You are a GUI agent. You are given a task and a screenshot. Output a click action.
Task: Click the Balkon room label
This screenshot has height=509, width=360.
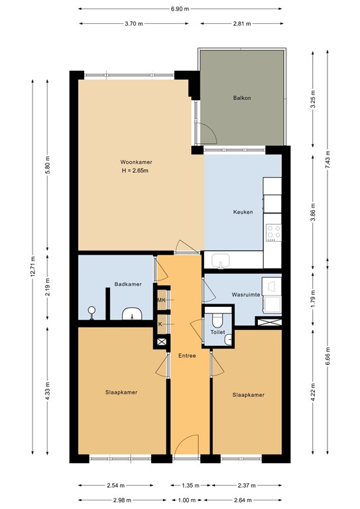pos(242,98)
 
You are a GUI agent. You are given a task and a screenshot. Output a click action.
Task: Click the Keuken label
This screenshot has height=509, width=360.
pos(242,213)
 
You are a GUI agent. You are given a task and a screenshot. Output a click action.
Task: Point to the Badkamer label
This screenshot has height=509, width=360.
pos(127,284)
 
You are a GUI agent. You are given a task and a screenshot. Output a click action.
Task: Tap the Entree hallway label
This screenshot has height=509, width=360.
pos(186,356)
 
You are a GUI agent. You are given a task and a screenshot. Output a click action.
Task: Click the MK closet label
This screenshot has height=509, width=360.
pos(161,300)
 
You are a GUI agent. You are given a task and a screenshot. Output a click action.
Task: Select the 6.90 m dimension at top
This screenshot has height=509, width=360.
pos(180,9)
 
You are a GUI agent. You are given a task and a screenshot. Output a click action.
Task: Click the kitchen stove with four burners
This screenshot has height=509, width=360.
pos(274,233)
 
